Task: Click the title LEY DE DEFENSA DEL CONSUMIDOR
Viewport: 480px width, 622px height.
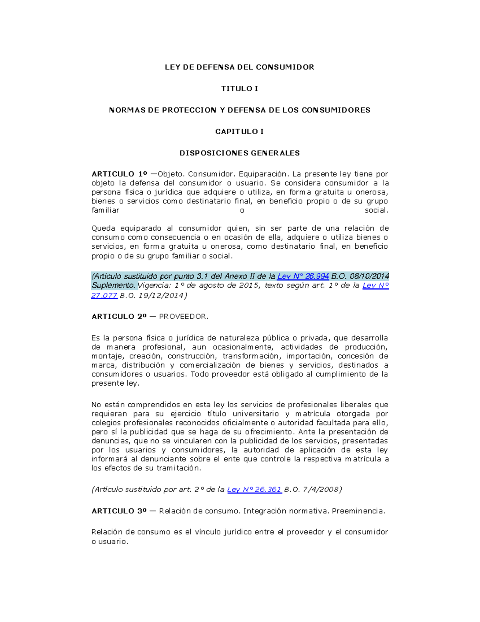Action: [x=240, y=67]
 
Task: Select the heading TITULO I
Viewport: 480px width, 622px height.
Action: [x=240, y=89]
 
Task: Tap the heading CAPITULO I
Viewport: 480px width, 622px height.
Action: [x=240, y=131]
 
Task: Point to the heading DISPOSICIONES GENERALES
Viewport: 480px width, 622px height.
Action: [x=240, y=153]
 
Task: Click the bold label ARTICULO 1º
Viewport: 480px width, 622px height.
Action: [x=119, y=174]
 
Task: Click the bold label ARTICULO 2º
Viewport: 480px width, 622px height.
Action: [x=119, y=317]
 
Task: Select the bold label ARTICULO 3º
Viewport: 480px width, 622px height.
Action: [x=119, y=511]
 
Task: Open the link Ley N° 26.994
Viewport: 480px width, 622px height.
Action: [x=303, y=276]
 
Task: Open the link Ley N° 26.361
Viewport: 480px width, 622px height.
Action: [x=254, y=489]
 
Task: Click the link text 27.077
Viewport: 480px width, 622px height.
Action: [x=104, y=296]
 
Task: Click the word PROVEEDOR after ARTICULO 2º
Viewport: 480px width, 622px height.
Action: [x=184, y=317]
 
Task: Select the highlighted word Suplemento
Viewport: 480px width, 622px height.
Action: [x=114, y=286]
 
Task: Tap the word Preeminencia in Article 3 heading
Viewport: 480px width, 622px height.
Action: [x=358, y=511]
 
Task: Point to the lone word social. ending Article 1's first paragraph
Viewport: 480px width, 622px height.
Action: [x=376, y=210]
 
